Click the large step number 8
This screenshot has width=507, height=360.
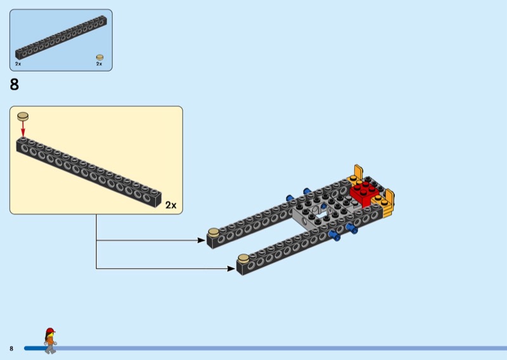click(x=15, y=84)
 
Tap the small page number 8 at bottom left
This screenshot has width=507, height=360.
click(x=11, y=349)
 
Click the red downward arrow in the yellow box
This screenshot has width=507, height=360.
click(x=23, y=129)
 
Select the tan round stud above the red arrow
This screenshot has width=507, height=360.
click(x=23, y=116)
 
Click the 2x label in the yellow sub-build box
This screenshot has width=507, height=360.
click(x=170, y=205)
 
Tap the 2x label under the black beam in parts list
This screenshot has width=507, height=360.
click(x=18, y=64)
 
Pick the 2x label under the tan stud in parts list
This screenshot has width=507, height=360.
click(x=99, y=64)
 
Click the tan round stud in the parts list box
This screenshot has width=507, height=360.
click(x=100, y=58)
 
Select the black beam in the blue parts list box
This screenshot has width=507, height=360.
click(x=61, y=37)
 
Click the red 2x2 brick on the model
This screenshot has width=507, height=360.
click(x=364, y=193)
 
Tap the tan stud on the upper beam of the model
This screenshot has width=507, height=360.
click(x=214, y=232)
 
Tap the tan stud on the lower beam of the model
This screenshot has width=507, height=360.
click(x=243, y=258)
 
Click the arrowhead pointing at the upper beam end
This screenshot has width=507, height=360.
click(x=201, y=240)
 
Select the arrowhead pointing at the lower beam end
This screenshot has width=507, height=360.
click(x=231, y=269)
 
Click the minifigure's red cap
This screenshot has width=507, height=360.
click(x=50, y=330)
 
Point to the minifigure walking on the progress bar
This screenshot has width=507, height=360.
click(x=50, y=340)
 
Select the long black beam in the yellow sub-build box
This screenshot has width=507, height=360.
click(x=89, y=172)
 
